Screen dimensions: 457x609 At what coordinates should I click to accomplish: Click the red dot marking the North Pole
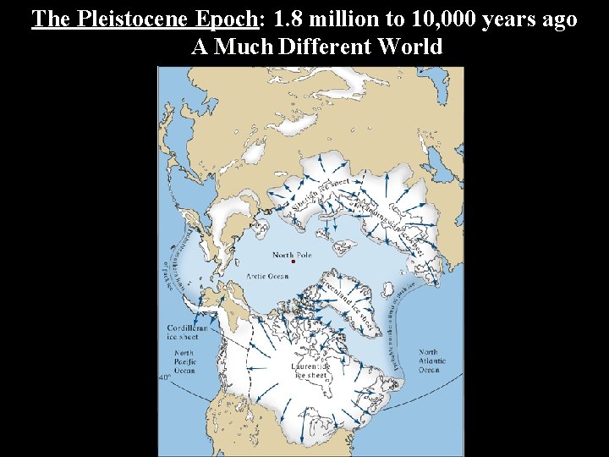click(x=293, y=262)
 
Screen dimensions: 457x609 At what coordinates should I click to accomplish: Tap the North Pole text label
click(x=293, y=254)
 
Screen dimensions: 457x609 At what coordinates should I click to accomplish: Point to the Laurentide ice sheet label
click(x=309, y=371)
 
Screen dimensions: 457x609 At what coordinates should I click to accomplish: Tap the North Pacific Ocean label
click(x=184, y=361)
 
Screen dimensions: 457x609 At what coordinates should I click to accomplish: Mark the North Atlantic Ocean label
click(x=428, y=361)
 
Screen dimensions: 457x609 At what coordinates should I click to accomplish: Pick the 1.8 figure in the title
click(x=288, y=19)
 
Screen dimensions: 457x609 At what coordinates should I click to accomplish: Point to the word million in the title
click(x=339, y=19)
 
